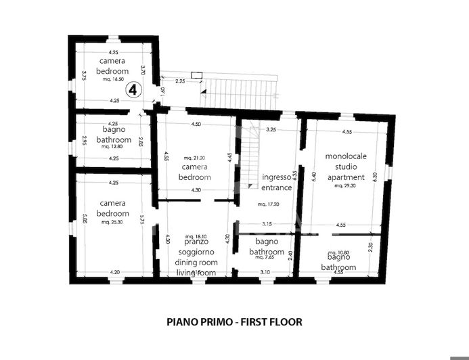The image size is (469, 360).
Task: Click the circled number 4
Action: click(133, 89)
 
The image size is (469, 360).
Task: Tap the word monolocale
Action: click(345, 156)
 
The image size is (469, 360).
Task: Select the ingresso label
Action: click(276, 177)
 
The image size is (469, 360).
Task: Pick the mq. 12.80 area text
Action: click(112, 146)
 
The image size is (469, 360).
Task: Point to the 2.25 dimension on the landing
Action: click(180, 81)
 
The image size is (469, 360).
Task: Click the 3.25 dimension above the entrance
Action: click(271, 129)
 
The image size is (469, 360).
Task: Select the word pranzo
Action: click(194, 242)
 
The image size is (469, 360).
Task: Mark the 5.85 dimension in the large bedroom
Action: click(85, 220)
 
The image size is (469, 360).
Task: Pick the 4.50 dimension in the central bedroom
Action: click(196, 125)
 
